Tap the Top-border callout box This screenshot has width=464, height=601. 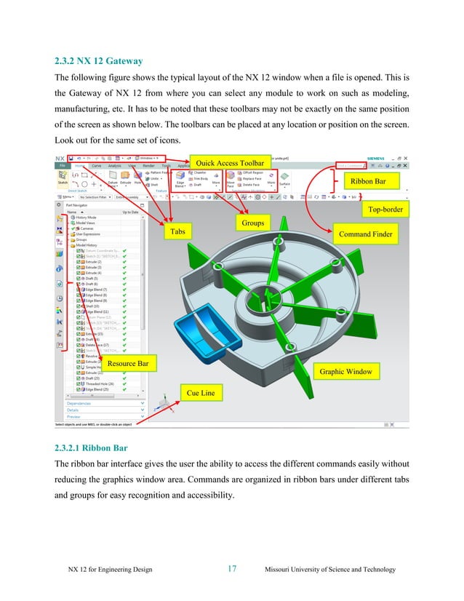coord(384,210)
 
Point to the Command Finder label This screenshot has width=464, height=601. coord(366,235)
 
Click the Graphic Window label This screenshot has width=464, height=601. coord(345,372)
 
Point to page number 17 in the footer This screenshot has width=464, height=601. coord(232,569)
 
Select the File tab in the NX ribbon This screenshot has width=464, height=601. coord(63,166)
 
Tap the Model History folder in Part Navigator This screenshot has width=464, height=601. coord(90,245)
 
